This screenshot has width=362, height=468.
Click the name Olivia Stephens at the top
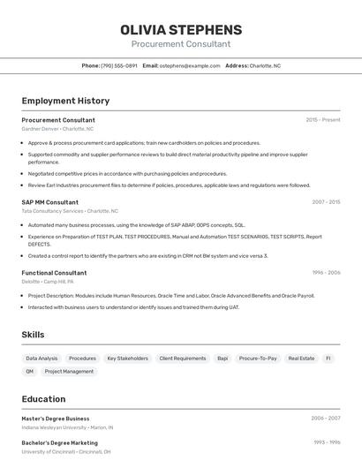181,30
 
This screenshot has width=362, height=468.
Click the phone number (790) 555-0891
119,65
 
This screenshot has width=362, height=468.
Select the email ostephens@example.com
190,65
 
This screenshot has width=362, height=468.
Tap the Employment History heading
65,101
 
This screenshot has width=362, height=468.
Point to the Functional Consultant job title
54,273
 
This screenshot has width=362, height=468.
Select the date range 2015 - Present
322,120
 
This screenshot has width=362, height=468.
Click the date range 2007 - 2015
326,201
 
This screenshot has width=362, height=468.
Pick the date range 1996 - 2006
326,273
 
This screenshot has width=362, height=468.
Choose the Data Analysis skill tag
41,359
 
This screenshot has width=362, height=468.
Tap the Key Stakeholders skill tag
127,359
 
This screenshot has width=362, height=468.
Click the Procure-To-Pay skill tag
258,359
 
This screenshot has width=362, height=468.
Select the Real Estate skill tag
301,359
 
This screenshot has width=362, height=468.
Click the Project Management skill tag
69,372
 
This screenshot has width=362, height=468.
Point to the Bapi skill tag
222,359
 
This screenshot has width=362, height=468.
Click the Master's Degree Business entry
56,419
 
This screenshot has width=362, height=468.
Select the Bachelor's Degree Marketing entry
59,442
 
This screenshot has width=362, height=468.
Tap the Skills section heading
33,335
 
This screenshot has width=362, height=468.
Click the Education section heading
43,399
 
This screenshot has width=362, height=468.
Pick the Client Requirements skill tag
183,359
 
